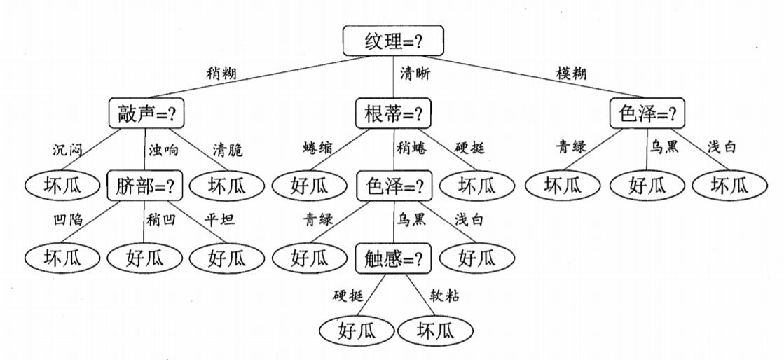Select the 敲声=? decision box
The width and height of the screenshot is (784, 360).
[x=151, y=113]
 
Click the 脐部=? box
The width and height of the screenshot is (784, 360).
[x=145, y=186]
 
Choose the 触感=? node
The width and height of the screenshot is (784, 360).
[x=394, y=258]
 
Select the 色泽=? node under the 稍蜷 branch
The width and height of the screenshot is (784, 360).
[x=394, y=186]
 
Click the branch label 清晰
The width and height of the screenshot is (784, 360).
[x=415, y=73]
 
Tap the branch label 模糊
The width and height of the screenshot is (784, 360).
[x=571, y=72]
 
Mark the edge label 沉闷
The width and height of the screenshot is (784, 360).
[x=68, y=149]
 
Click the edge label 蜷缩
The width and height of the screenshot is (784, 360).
[x=317, y=148]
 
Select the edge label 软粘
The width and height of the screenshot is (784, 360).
[x=445, y=296]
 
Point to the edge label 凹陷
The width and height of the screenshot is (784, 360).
[x=67, y=220]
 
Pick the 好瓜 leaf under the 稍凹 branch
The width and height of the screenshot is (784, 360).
[x=145, y=258]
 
